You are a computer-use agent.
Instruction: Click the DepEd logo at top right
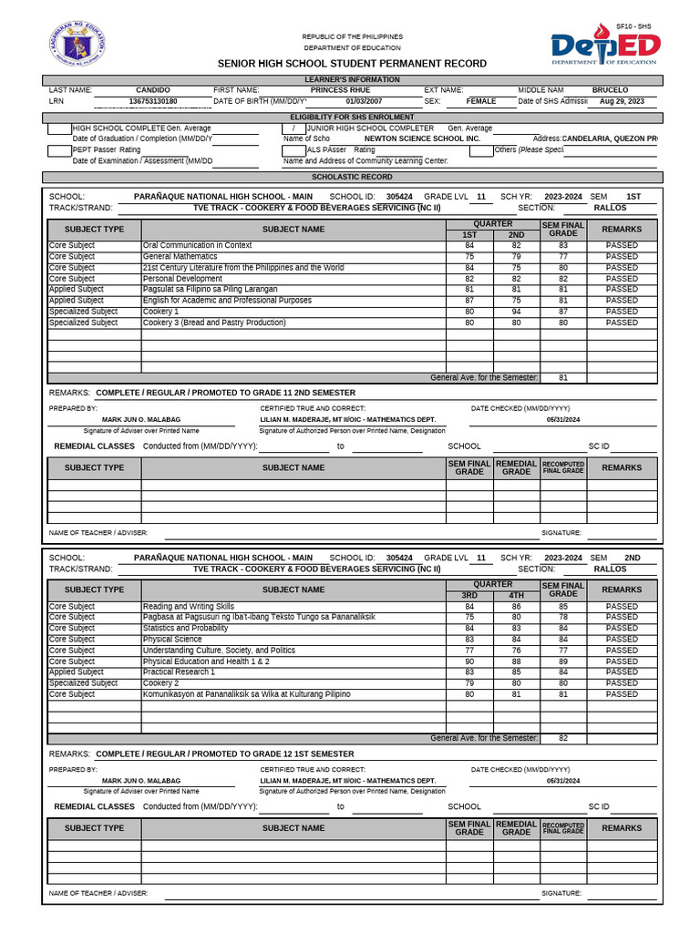[605, 48]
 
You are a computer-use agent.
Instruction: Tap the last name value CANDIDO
[152, 90]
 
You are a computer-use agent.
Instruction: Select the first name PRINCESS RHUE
[340, 90]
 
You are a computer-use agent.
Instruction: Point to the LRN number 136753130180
[152, 102]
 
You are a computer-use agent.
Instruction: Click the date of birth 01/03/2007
[364, 102]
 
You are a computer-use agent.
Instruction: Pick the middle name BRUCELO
[610, 90]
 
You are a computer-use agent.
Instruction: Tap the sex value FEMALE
[481, 102]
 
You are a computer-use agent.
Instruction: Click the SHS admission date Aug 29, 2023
[622, 102]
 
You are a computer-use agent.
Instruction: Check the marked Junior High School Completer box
[293, 128]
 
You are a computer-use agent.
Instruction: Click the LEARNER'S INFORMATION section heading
[352, 80]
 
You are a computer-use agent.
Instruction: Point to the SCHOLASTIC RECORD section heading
[352, 177]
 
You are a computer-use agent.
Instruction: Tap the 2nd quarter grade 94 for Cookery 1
[516, 312]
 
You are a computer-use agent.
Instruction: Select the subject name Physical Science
[170, 640]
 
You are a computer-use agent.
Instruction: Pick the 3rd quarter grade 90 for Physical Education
[469, 661]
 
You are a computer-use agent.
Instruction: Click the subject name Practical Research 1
[179, 672]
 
